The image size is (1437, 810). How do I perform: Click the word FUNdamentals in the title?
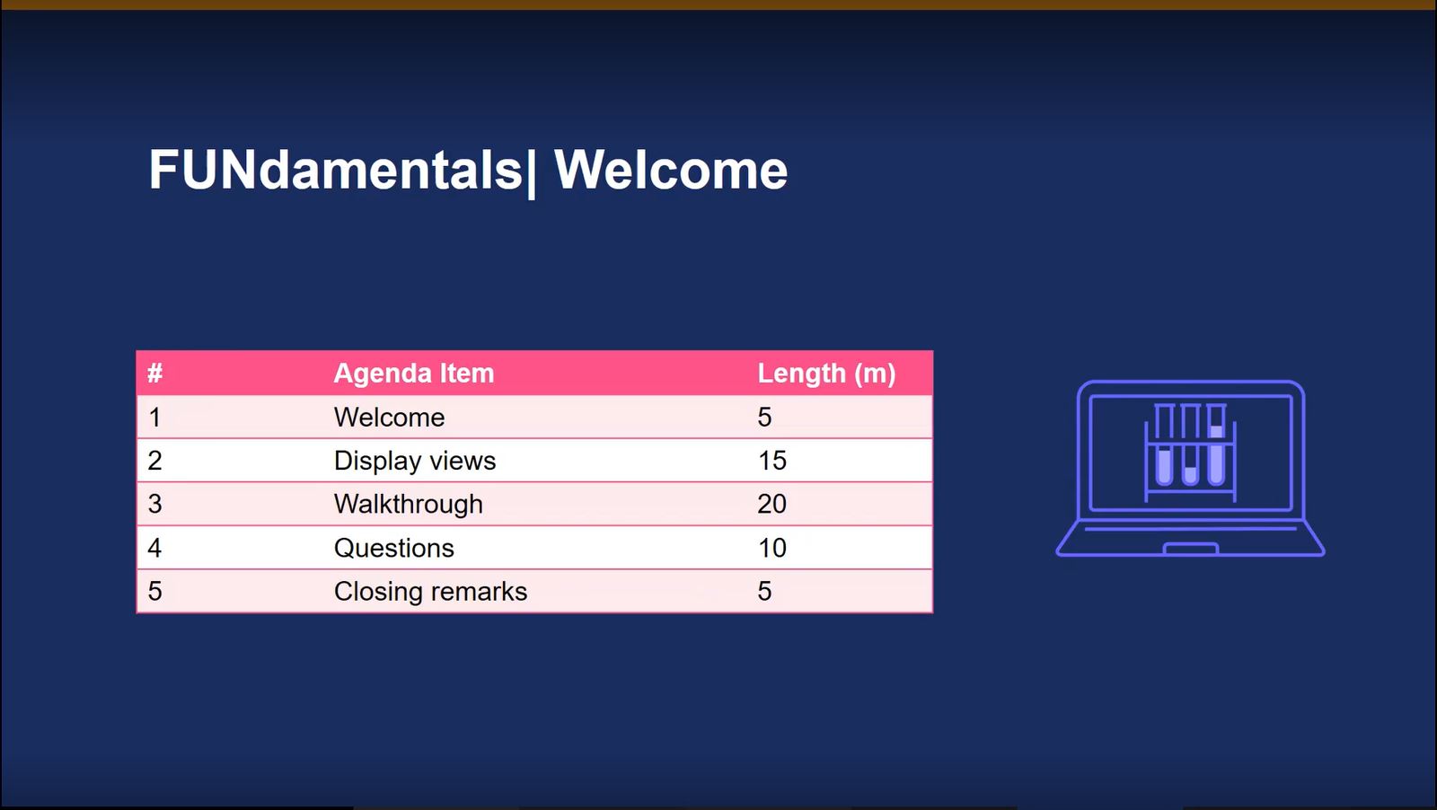point(336,170)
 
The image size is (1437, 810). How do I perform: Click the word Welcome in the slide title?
point(671,170)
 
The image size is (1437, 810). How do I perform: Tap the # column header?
point(154,374)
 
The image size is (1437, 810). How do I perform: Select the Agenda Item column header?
point(414,374)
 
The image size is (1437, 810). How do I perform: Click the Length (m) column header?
point(826,374)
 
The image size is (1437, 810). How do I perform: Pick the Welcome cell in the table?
point(390,418)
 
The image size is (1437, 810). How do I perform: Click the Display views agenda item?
point(415,461)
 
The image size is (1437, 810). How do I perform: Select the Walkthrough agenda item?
point(409,504)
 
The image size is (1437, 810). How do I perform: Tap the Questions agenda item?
point(394,549)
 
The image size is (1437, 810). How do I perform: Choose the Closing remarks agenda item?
point(430,591)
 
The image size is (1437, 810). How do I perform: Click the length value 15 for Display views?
point(771,461)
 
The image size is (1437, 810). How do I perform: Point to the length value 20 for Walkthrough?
point(771,504)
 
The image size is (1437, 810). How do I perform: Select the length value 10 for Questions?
point(771,548)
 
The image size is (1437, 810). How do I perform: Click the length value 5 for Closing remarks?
point(764,591)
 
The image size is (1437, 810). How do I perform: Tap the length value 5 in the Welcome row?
point(764,418)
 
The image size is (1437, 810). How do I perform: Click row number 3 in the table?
point(154,504)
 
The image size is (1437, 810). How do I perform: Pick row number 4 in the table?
point(154,548)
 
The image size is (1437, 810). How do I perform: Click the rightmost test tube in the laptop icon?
point(1216,445)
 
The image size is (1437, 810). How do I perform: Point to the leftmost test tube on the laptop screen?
point(1164,445)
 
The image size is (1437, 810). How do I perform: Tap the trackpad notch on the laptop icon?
point(1191,549)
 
